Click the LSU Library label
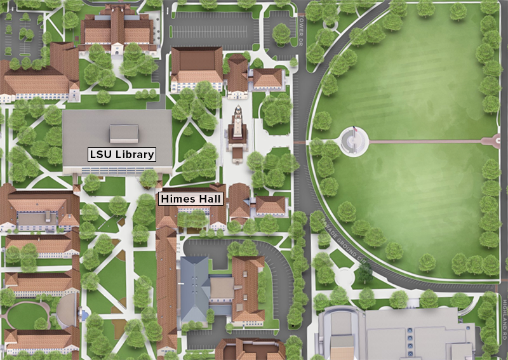pyautogui.click(x=121, y=154)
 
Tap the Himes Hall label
pyautogui.click(x=191, y=199)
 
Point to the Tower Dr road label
pyautogui.click(x=301, y=29)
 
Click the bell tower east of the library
pyautogui.click(x=237, y=128)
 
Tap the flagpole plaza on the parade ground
pyautogui.click(x=354, y=140)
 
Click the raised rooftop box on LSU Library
pyautogui.click(x=124, y=133)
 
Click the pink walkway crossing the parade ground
pyautogui.click(x=432, y=141)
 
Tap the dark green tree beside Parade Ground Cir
pyautogui.click(x=363, y=273)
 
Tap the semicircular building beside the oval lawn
pyautogui.click(x=65, y=311)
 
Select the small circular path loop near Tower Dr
pyautogui.click(x=330, y=23)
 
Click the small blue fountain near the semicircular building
pyautogui.click(x=83, y=314)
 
